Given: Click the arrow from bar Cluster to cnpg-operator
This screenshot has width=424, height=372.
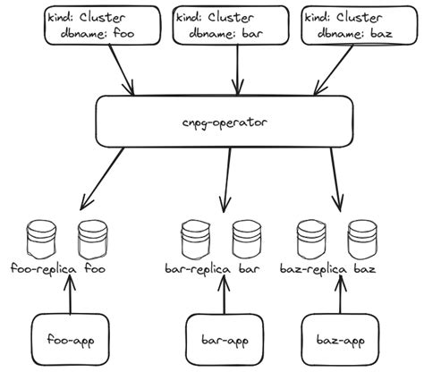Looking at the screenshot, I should point(237,70).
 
